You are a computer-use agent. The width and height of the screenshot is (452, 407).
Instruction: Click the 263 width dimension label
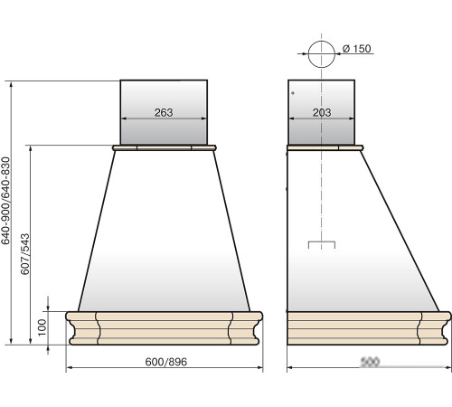[x=164, y=112]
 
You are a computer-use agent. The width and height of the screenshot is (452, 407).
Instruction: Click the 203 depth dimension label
[x=322, y=112]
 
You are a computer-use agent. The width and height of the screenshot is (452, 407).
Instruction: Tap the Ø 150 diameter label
[x=357, y=49]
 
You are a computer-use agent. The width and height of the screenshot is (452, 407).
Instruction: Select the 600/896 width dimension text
[x=166, y=362]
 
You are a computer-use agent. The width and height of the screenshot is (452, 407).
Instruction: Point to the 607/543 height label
[x=25, y=254]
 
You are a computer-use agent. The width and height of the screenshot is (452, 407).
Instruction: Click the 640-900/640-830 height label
[x=5, y=201]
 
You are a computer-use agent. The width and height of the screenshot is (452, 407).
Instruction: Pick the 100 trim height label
[x=42, y=327]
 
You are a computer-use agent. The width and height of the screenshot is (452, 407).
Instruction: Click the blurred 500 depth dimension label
[x=370, y=362]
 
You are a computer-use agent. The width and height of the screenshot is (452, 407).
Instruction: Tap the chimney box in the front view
[x=164, y=112]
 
